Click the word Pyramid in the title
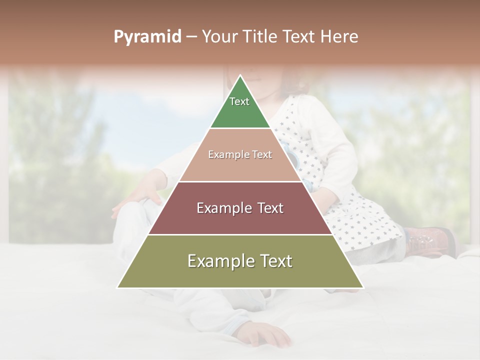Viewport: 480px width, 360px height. [147, 37]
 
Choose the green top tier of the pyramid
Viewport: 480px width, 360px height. [240, 112]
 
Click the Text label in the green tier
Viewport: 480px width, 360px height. [239, 101]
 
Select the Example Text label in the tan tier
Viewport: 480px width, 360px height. [240, 154]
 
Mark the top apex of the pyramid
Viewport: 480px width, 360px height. [240, 76]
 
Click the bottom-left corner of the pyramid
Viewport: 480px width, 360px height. [118, 287]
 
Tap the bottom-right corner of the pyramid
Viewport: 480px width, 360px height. [362, 287]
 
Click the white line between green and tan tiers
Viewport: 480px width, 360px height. [240, 128]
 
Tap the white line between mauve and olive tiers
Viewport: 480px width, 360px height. [240, 234]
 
